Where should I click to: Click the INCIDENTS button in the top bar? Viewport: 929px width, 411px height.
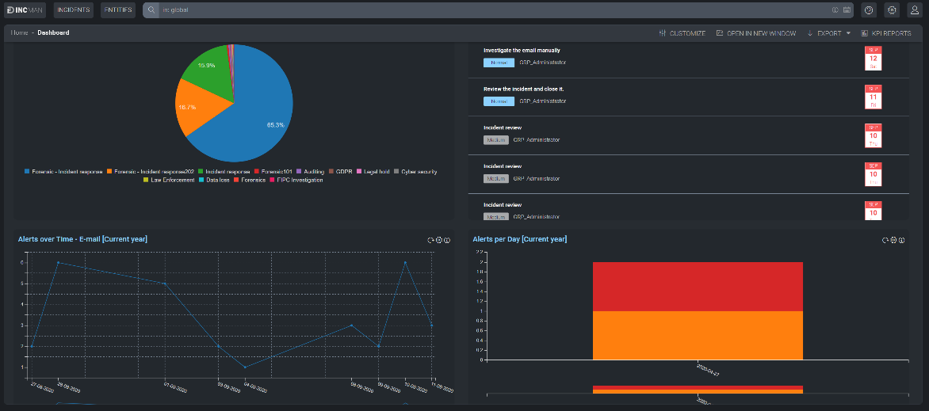(74, 10)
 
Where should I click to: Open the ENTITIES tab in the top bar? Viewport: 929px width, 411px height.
(118, 10)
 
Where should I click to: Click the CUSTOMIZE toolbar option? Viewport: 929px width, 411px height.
(682, 33)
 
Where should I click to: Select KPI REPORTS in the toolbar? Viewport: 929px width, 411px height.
(885, 33)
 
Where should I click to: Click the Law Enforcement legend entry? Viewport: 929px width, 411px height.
(169, 180)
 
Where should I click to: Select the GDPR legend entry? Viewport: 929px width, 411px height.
(342, 171)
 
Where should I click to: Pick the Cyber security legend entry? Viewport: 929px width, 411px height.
(418, 171)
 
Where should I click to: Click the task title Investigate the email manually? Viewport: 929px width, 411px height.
(522, 50)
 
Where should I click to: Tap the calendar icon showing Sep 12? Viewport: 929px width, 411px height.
(873, 59)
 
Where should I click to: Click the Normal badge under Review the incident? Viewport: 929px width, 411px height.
(499, 101)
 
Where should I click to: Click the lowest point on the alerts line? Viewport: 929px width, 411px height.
(245, 367)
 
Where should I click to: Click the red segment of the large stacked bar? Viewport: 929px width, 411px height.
(698, 286)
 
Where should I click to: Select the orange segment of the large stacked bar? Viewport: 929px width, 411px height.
(698, 335)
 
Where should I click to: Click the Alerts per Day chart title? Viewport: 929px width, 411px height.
(519, 239)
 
